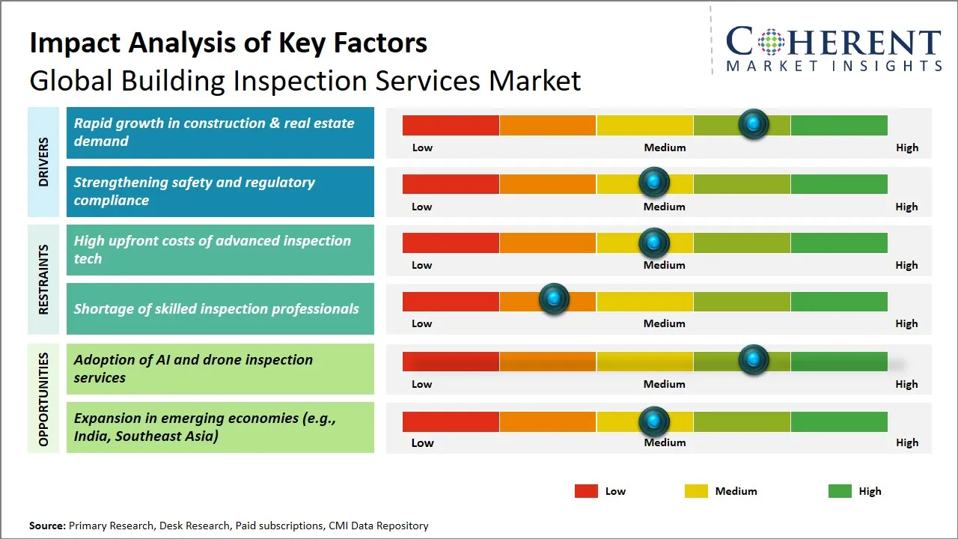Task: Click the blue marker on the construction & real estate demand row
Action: coord(754,124)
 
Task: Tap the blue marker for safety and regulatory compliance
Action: coord(654,182)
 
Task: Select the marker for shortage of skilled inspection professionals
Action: coord(554,299)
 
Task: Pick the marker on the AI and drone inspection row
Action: coord(754,360)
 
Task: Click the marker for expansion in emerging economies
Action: coord(654,421)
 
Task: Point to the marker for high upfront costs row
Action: coord(654,242)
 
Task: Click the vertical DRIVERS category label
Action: coord(43,162)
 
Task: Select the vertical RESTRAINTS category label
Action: coord(43,279)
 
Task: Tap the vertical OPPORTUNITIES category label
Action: coord(43,399)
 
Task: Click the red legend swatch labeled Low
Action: coord(586,491)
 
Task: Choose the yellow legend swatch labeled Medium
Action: coord(696,491)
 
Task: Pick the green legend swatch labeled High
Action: coord(840,491)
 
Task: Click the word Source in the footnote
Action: coord(46,526)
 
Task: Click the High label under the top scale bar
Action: coord(906,147)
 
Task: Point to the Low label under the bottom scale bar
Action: coord(422,442)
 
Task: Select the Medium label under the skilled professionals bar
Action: coord(664,323)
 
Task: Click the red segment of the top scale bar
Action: coord(451,125)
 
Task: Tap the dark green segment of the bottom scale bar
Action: coord(838,421)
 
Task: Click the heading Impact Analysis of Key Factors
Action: coord(228,43)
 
